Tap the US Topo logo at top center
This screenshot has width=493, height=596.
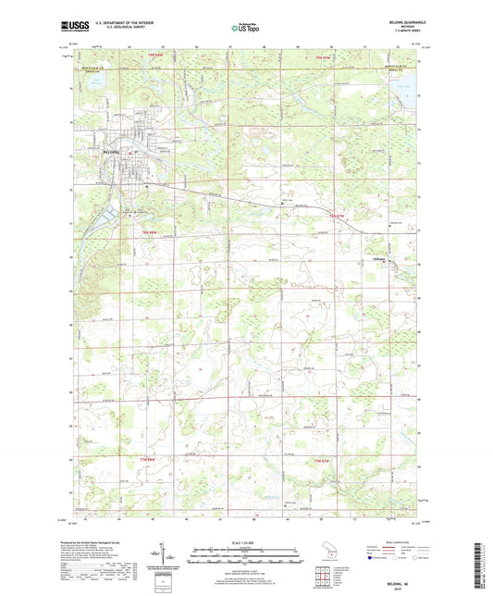[246, 29]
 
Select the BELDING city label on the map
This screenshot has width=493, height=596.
[115, 149]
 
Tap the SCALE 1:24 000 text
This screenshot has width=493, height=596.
[246, 542]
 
